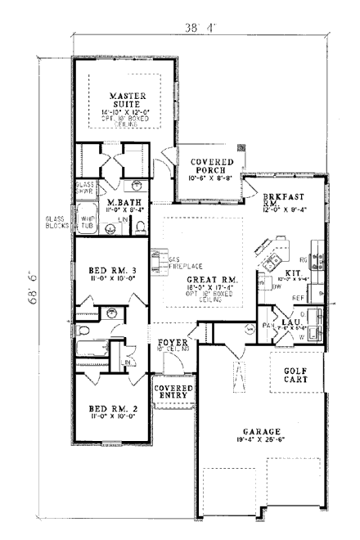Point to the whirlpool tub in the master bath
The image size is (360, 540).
pos(88,220)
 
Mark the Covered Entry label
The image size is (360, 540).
pos(173,391)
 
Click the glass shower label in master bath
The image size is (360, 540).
pos(86,188)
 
